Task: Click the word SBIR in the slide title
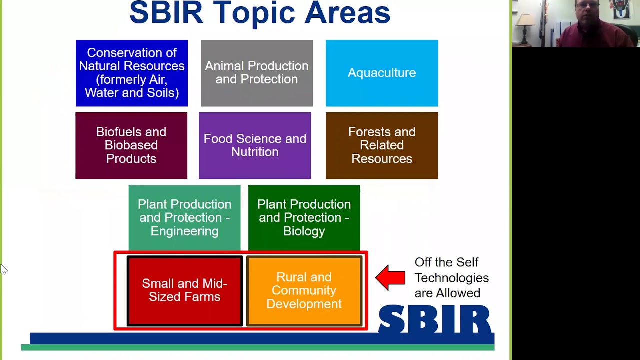[166, 13]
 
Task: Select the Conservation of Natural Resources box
[132, 73]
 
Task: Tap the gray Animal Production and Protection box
[257, 73]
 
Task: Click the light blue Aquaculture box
[382, 73]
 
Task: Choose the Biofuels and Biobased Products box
[131, 145]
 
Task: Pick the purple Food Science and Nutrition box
[255, 145]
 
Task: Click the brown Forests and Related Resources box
[382, 145]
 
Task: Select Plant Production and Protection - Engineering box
[184, 218]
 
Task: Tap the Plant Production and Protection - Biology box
[304, 218]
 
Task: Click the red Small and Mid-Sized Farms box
[184, 290]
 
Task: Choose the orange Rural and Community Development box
[304, 290]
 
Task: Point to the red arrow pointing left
[390, 278]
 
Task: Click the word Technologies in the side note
[451, 278]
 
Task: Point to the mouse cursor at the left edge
[3, 269]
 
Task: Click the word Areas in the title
[347, 13]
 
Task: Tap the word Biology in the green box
[304, 231]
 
